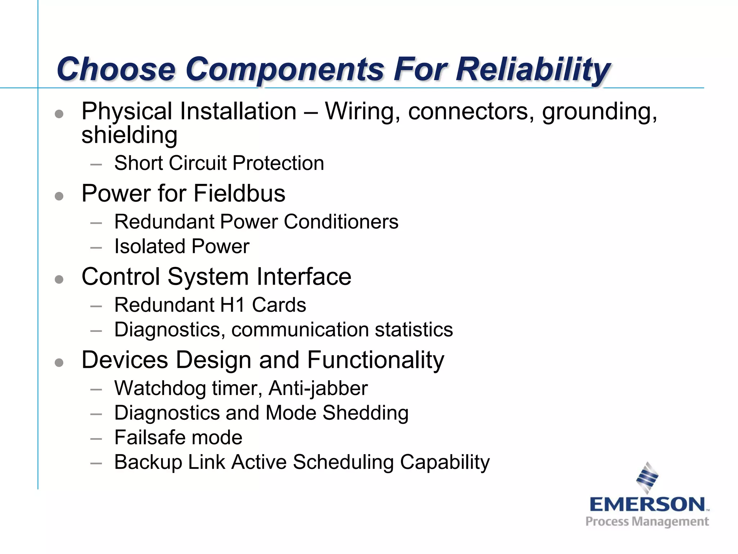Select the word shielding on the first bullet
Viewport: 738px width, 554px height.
(x=129, y=135)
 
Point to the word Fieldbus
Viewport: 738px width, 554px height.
(x=239, y=193)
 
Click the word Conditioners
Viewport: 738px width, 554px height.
(x=341, y=221)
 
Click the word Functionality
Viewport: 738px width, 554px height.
(x=375, y=360)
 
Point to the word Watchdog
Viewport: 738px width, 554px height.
(x=160, y=388)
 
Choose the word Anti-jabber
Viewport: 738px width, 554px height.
(x=318, y=388)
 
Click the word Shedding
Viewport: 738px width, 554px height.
(x=365, y=413)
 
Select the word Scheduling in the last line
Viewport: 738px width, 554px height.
(x=343, y=462)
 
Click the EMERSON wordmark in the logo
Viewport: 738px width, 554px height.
(x=647, y=504)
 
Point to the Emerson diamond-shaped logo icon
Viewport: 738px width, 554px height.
(x=647, y=478)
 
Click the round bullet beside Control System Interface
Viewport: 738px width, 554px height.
(x=59, y=279)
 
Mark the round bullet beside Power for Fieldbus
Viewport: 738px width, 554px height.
(x=59, y=196)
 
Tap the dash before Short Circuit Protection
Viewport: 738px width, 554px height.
(x=96, y=164)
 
